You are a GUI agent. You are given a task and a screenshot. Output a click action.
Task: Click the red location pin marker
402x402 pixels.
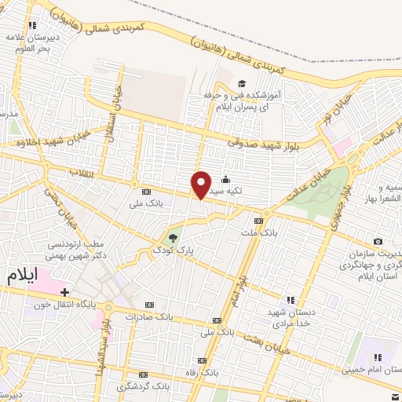click(201, 185)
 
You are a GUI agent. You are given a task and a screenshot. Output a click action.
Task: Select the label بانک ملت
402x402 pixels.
click(259, 233)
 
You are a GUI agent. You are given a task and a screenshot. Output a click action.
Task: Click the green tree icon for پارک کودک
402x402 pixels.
click(174, 236)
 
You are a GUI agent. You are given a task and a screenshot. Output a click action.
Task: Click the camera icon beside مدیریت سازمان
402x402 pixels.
click(378, 241)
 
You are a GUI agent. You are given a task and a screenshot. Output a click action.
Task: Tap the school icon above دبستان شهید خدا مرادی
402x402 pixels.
click(290, 299)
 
